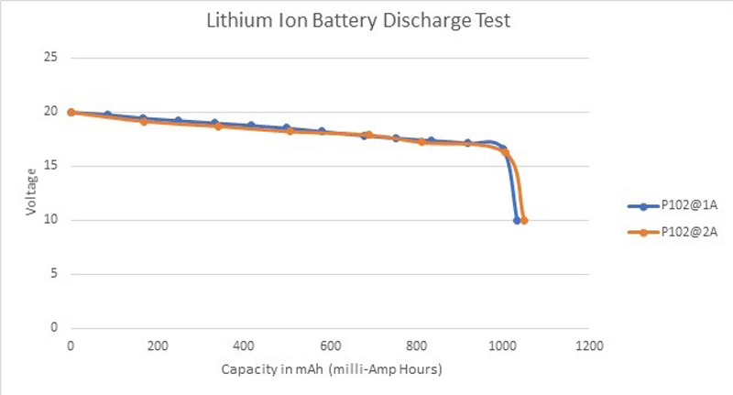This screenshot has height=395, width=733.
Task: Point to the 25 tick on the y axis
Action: click(51, 58)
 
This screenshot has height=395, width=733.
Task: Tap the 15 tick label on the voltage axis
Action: click(51, 166)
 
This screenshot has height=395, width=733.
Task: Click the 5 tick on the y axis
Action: click(54, 274)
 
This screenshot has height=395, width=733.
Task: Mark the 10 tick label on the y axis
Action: click(51, 220)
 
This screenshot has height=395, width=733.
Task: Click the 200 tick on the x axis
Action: click(157, 346)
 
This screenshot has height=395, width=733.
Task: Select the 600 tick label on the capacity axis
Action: click(330, 346)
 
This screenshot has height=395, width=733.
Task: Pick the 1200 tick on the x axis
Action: click(589, 346)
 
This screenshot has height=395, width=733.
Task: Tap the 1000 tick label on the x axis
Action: click(503, 346)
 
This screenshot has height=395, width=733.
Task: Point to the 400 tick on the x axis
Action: click(244, 346)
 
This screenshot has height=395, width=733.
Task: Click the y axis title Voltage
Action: click(31, 192)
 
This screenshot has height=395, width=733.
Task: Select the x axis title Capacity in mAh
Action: click(332, 369)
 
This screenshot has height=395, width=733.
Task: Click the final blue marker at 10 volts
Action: click(517, 220)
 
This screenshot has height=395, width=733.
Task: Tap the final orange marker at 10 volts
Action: click(524, 220)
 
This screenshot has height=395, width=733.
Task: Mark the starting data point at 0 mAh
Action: click(71, 113)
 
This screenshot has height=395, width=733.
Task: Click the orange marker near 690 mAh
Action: click(368, 135)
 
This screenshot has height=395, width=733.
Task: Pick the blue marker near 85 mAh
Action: click(107, 115)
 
